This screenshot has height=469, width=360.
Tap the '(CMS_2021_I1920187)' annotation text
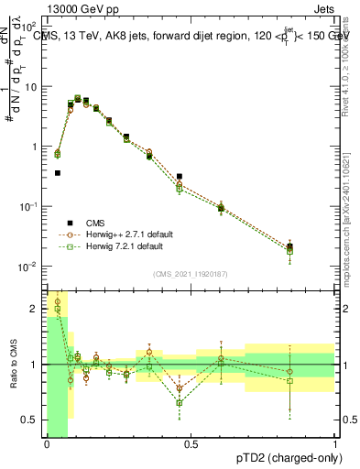(191, 273)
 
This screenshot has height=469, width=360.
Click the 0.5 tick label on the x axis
(191, 444)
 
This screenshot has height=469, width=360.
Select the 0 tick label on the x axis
(47, 444)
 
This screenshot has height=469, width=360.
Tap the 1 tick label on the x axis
(334, 444)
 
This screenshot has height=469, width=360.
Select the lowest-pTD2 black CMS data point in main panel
(58, 172)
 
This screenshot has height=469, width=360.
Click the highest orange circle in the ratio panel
(58, 301)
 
